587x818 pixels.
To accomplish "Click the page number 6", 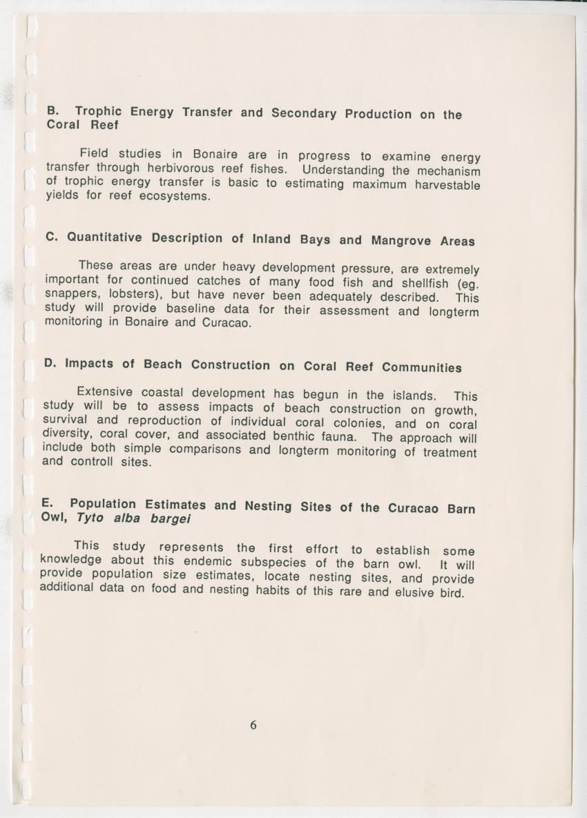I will point(253,725).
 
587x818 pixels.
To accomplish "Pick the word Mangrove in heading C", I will point(401,241).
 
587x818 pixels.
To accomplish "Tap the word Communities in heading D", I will point(421,367).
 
